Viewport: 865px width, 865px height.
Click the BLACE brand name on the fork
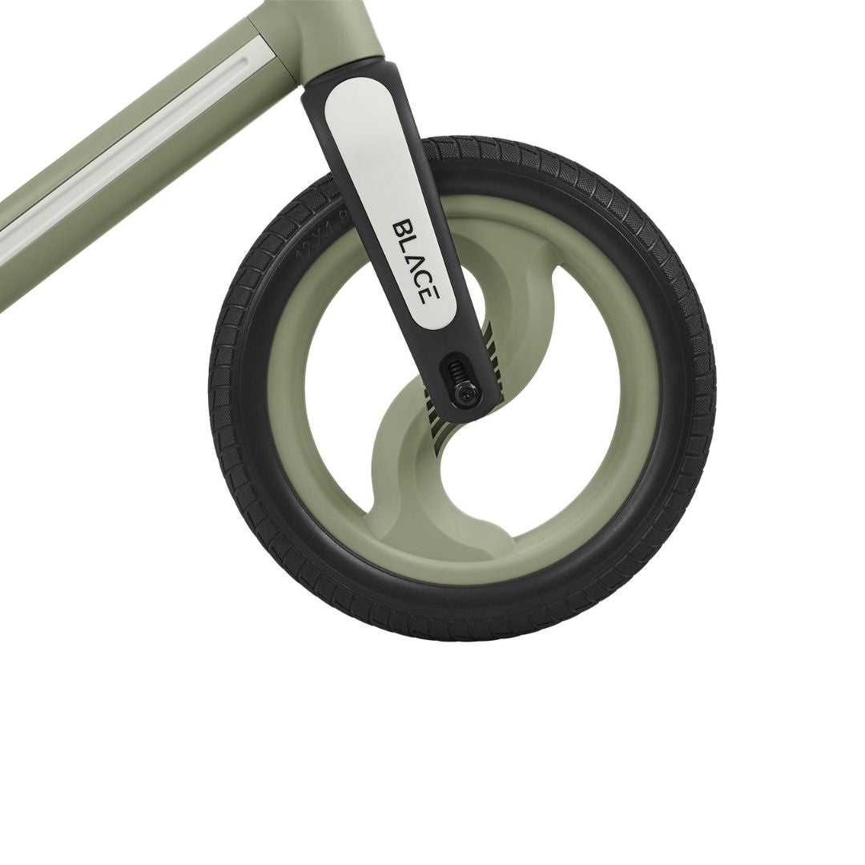(415, 261)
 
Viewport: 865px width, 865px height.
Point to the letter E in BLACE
(428, 294)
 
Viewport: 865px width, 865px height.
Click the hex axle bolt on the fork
(465, 393)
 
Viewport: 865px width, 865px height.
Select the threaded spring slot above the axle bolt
(456, 369)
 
